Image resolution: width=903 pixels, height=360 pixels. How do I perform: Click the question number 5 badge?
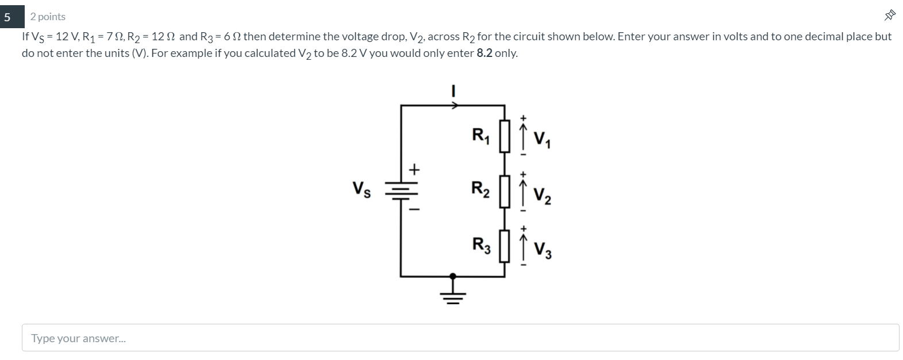(7, 17)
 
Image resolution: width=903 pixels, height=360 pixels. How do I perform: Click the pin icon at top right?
(890, 16)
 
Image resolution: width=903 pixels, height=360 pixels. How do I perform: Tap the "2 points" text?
(48, 17)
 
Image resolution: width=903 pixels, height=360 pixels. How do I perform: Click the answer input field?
(460, 338)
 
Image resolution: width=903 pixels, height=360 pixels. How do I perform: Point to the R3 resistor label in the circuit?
(481, 244)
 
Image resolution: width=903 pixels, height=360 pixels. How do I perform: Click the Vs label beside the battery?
(362, 189)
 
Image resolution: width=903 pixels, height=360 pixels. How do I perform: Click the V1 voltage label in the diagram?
(542, 139)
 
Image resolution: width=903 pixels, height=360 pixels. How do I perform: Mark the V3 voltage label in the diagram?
(542, 250)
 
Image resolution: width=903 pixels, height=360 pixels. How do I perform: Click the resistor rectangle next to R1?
(505, 135)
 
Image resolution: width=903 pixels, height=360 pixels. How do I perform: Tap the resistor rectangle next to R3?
(505, 246)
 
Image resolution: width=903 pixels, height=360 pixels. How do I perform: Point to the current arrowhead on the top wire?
(455, 105)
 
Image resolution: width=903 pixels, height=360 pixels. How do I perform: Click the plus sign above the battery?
(414, 170)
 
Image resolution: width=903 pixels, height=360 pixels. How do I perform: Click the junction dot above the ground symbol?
(453, 276)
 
